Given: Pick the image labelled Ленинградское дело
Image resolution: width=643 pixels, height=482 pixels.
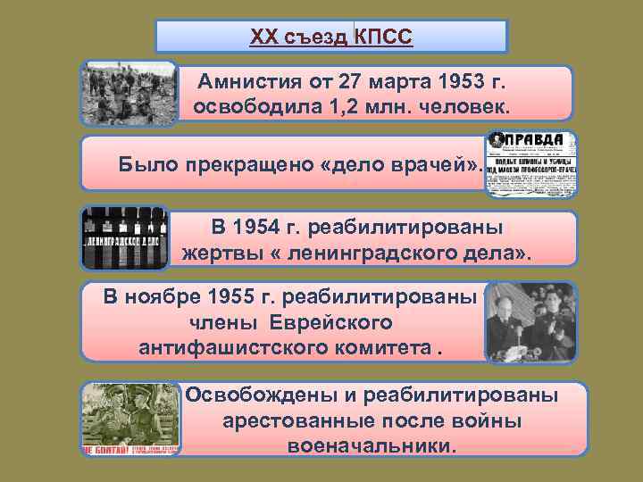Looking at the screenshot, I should pyautogui.click(x=125, y=238).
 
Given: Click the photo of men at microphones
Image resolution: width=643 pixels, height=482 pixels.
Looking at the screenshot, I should pyautogui.click(x=530, y=322).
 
